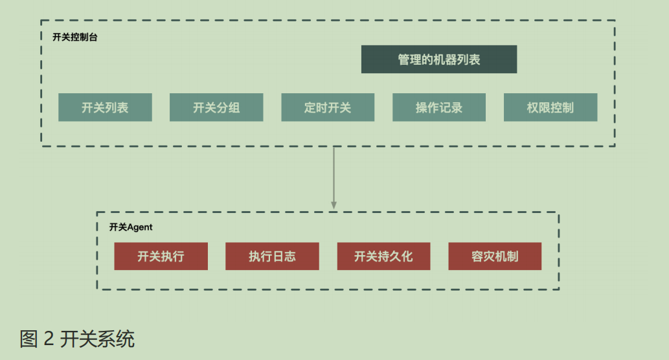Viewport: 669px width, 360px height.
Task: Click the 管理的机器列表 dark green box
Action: (x=438, y=60)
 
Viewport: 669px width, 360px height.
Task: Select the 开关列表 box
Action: (x=105, y=107)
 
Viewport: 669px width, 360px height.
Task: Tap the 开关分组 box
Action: (x=216, y=107)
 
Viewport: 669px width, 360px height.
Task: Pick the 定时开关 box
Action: (x=328, y=107)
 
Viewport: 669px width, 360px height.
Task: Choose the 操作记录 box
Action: (x=439, y=107)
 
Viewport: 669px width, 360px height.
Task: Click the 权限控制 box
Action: (x=550, y=107)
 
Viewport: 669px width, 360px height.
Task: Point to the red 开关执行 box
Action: (x=161, y=256)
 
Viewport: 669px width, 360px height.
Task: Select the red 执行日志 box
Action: (x=272, y=256)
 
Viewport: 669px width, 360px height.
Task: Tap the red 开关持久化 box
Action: (x=383, y=256)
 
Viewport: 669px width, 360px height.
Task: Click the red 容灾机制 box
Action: (x=495, y=256)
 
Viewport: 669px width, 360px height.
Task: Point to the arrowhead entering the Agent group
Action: (x=334, y=205)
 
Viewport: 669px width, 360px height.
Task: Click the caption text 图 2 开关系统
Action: (x=77, y=339)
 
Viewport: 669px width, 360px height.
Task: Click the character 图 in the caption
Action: (x=29, y=339)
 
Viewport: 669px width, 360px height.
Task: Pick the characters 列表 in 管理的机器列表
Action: (x=470, y=60)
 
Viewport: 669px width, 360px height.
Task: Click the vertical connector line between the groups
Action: (x=334, y=175)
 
